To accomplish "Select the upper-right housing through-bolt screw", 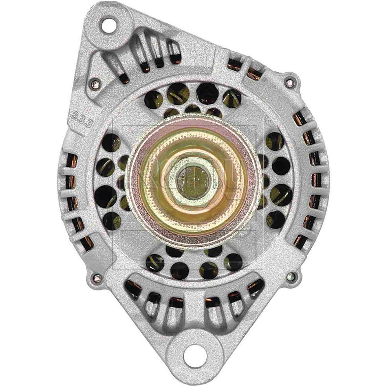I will pyautogui.click(x=290, y=83).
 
